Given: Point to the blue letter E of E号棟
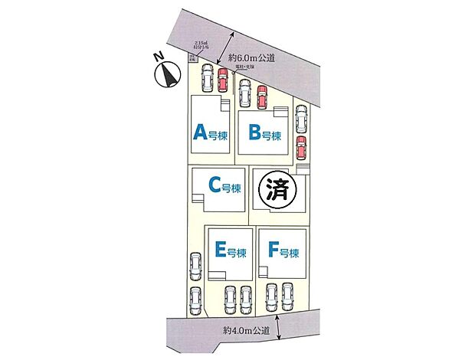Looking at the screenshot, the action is (220, 250).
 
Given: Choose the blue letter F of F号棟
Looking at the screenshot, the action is (274, 250).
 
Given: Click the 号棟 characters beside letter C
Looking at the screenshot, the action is (232, 186).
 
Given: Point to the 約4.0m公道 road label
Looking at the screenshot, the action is (247, 330).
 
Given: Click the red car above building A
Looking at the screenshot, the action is (223, 80).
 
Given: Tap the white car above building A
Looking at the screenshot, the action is (207, 79).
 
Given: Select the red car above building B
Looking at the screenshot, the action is (261, 97).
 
